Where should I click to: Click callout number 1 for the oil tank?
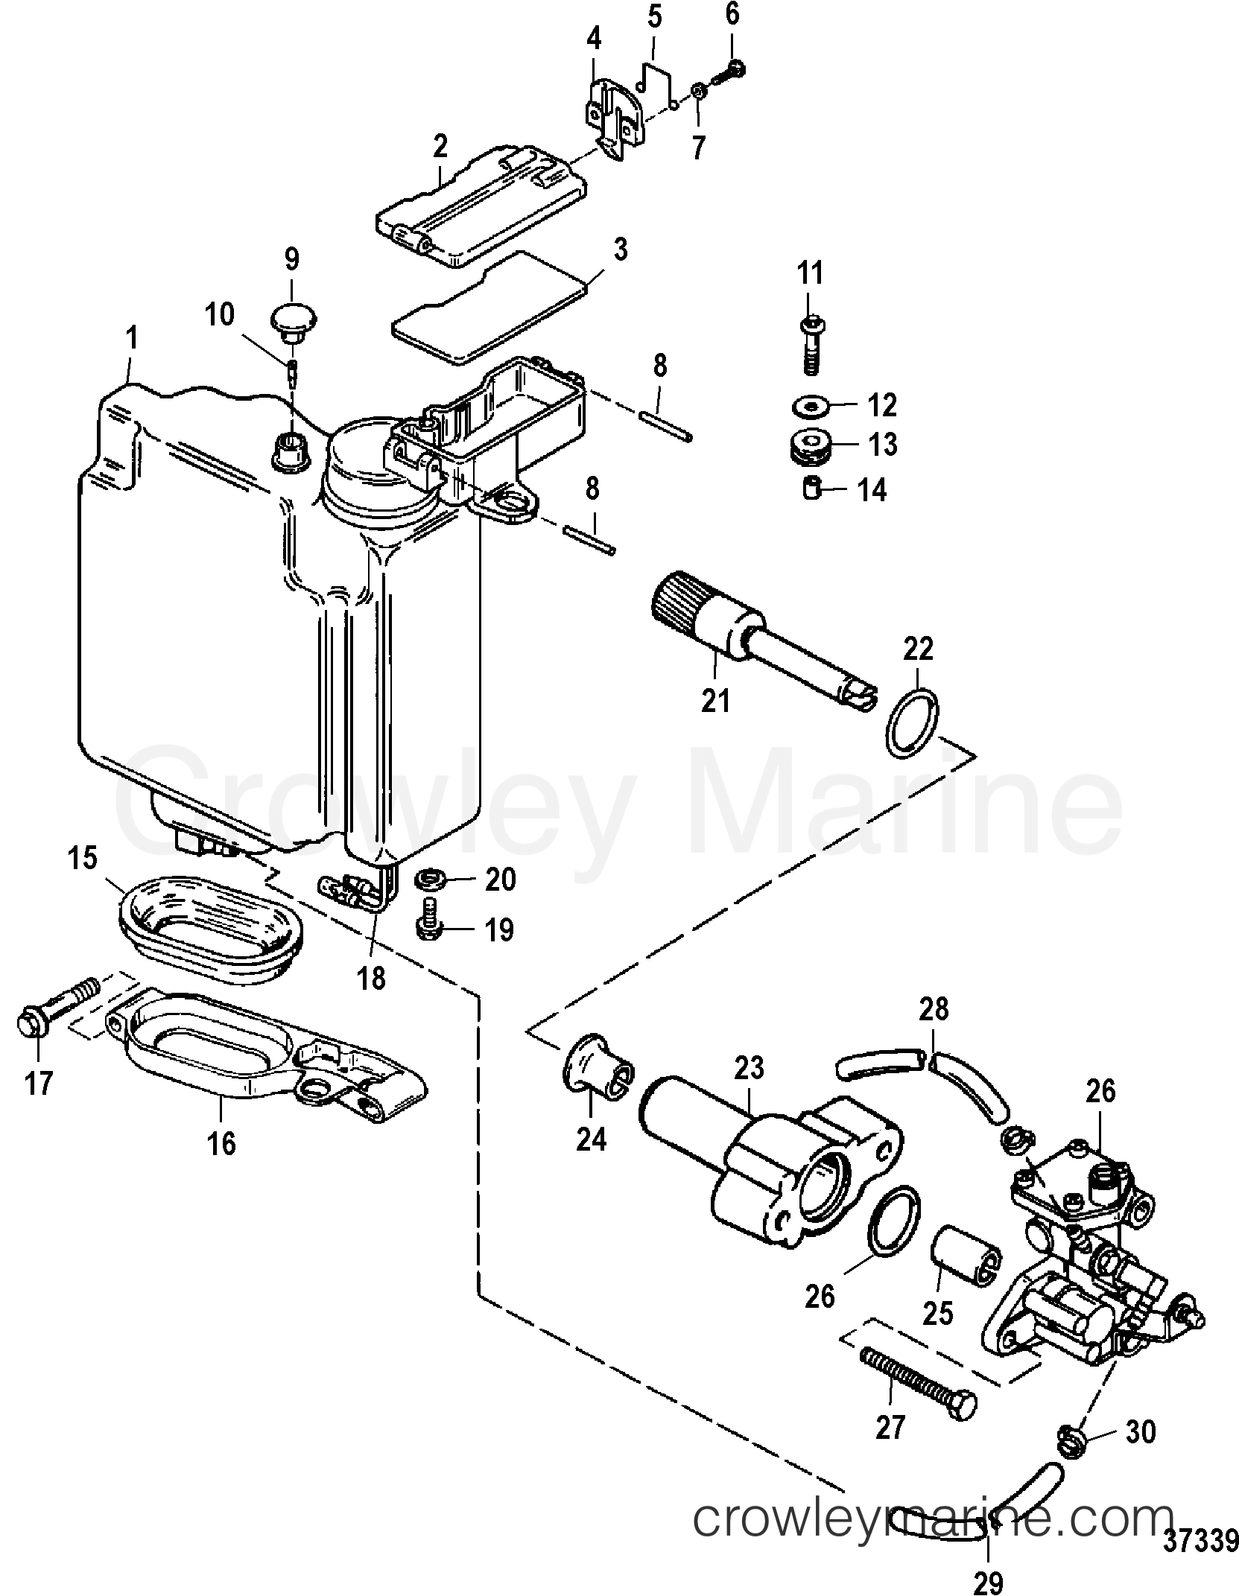point(132,340)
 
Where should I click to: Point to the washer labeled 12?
point(810,407)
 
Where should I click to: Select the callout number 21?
point(716,700)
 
